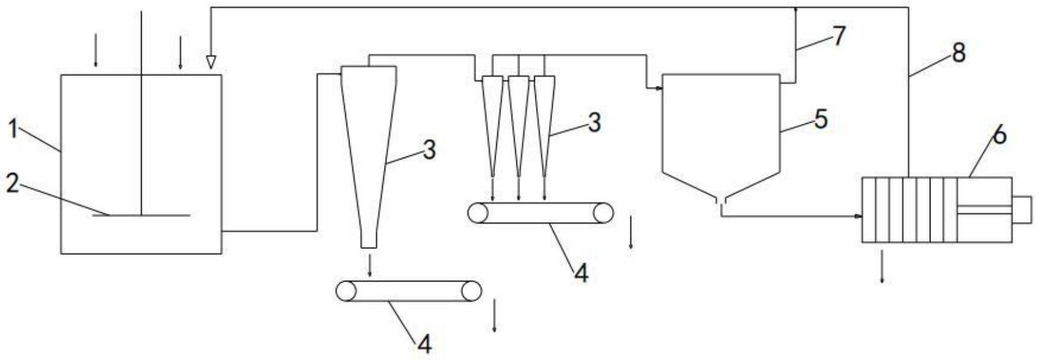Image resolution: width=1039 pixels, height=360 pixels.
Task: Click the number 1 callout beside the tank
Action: tap(13, 130)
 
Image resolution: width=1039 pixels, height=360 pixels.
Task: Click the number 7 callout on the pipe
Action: tap(838, 36)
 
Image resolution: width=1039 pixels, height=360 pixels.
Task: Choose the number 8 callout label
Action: tap(958, 53)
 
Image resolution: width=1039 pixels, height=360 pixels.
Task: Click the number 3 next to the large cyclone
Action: tap(429, 149)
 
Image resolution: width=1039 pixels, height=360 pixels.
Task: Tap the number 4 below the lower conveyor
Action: tap(424, 344)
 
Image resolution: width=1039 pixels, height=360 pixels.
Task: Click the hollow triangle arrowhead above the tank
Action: tap(211, 61)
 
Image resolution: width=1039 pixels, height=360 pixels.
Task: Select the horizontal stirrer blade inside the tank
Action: tap(141, 215)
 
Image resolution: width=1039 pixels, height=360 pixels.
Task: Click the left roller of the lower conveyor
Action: tap(347, 291)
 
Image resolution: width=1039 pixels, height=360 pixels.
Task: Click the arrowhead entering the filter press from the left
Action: tap(858, 216)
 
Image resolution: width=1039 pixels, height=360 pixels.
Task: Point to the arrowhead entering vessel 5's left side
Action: tap(659, 89)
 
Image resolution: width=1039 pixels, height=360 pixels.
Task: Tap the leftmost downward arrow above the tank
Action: tap(95, 52)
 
